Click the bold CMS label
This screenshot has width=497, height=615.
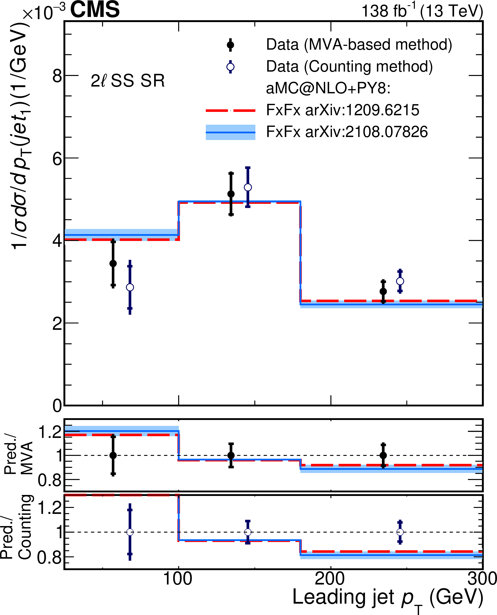pos(95,10)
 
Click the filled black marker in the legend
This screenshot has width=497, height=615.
pos(230,45)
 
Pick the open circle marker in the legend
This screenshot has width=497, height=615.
pos(230,67)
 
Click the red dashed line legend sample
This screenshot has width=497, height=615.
pos(230,110)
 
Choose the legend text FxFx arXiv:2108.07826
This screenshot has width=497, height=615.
pos(347,132)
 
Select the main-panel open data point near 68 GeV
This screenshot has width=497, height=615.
pos(130,287)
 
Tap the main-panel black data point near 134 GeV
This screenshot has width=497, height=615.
pos(231,194)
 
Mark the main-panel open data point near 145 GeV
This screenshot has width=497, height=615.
pos(248,187)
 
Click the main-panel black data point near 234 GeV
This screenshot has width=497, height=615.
pos(383,291)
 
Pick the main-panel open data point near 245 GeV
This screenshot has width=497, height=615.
pos(400,281)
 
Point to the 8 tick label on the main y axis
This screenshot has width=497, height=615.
pos(57,76)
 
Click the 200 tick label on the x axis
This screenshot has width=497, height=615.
pos(330,579)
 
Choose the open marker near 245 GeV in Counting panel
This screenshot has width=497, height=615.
pos(400,532)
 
